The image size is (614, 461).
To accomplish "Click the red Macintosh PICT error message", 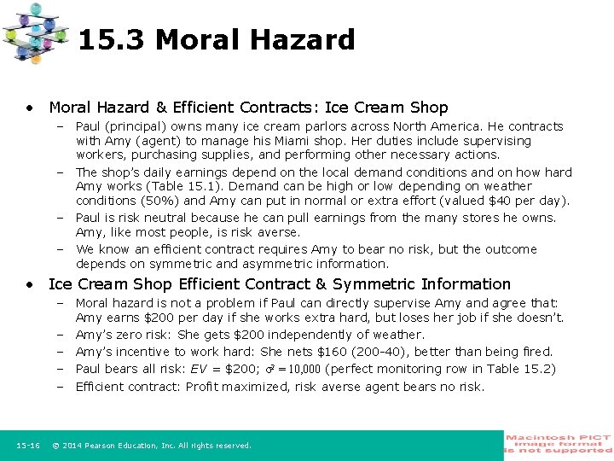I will (x=558, y=445).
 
